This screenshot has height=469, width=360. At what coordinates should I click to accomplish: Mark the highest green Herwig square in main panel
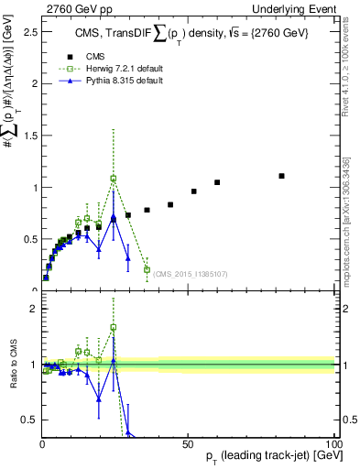coord(114,179)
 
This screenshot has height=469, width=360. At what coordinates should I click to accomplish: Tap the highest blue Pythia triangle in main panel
coord(114,217)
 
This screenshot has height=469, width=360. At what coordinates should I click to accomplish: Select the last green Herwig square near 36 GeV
coord(147,269)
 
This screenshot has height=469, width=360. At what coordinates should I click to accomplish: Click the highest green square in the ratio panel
coord(114,327)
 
